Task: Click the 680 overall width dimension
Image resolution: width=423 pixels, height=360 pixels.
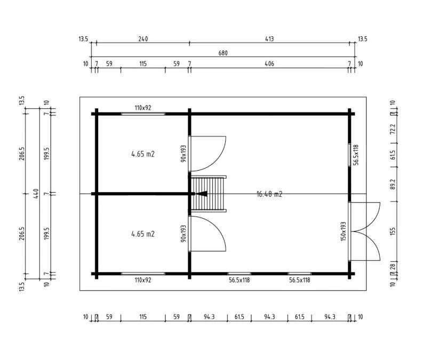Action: tap(223, 53)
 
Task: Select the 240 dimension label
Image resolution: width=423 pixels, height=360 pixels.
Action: tap(143, 39)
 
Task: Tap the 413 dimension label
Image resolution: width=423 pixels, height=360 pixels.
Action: tap(269, 39)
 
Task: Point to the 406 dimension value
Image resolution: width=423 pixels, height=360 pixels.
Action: tap(269, 64)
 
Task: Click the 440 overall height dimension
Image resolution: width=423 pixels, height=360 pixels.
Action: tap(36, 194)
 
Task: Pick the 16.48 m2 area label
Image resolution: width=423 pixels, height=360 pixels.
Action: tap(269, 194)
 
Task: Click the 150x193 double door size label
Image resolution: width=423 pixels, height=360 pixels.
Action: tap(343, 231)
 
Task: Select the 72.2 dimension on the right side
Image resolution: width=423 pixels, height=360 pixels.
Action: tap(393, 129)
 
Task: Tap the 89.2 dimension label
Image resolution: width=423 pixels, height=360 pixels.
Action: tap(393, 184)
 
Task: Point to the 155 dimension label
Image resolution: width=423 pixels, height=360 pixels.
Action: tap(393, 231)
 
